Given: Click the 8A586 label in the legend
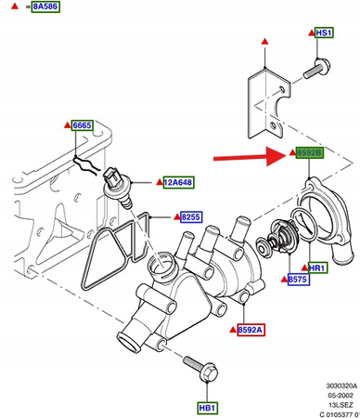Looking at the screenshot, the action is point(45,7).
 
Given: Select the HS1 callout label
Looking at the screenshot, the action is point(324,33).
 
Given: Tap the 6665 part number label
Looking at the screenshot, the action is point(82,125).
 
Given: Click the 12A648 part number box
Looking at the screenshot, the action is point(178,182).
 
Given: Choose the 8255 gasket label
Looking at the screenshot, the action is point(191,216).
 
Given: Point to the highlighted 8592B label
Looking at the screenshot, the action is point(310,152).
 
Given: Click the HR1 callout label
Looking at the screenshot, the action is point(317,268).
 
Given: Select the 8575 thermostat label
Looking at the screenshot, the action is point(298,280).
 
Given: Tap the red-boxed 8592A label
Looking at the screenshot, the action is point(251,330).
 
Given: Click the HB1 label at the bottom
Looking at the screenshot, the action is point(208,408).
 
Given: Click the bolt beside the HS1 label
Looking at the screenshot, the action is point(316,69).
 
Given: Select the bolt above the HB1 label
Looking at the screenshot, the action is point(200,369).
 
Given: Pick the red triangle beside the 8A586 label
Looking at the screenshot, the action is point(15,6).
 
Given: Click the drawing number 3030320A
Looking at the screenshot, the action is point(341,385).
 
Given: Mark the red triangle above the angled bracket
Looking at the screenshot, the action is point(264,41).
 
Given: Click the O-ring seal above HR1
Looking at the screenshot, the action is point(304,225).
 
